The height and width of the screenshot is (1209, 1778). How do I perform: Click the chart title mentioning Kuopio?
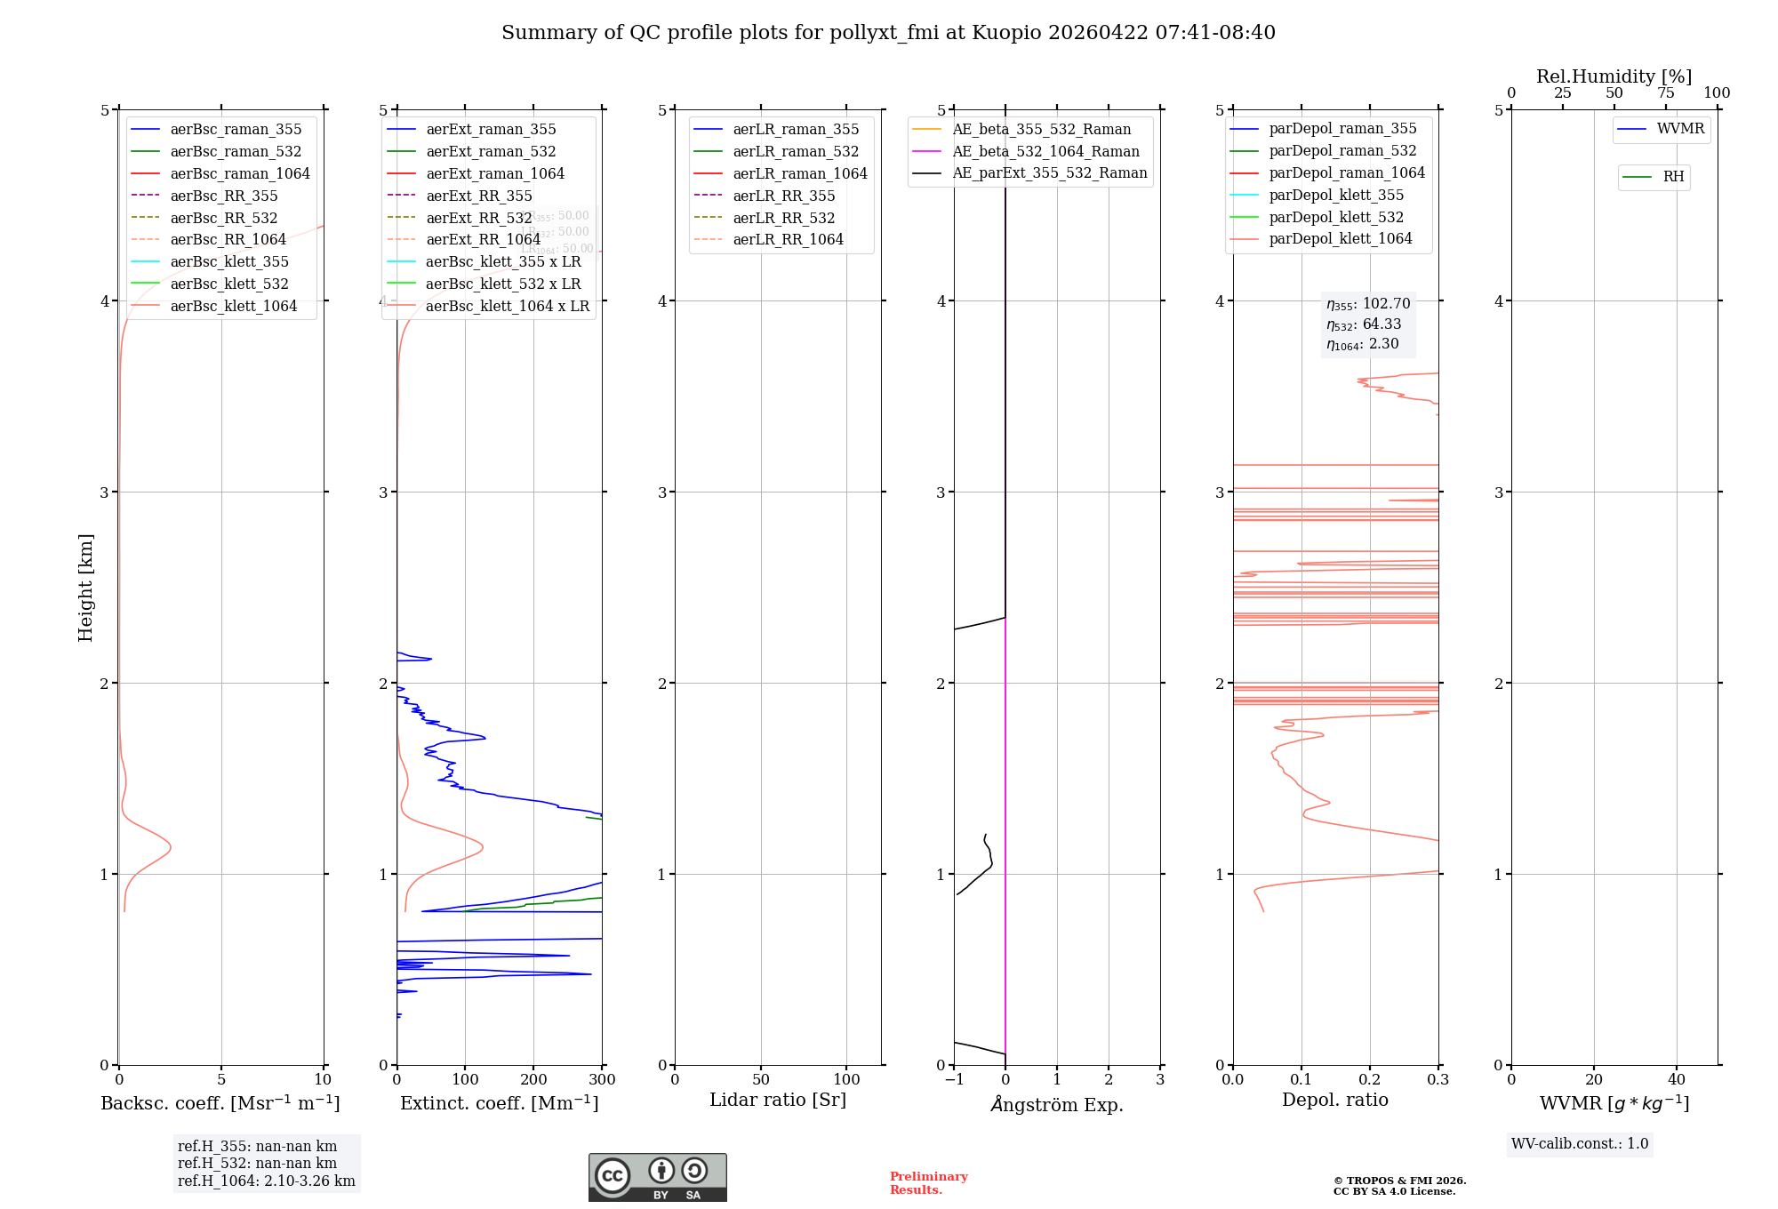coord(888,33)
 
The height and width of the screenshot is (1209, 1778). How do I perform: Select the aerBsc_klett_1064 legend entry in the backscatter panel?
coord(233,306)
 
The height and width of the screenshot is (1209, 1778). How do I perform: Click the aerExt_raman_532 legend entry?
coord(491,151)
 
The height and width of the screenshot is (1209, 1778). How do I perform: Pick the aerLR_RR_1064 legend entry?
coord(788,239)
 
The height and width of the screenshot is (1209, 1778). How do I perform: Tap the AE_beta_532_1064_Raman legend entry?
coord(1045,151)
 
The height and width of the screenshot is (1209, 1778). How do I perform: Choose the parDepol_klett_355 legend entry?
coord(1336,195)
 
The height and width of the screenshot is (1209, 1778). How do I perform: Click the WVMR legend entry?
coord(1680,129)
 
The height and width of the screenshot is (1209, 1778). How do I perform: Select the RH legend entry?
coord(1673,177)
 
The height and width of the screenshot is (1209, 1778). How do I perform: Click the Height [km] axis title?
coord(85,588)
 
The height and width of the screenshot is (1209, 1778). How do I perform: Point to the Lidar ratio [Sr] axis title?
coord(778,1100)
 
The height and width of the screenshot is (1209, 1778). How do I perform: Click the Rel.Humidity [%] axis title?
coord(1614,76)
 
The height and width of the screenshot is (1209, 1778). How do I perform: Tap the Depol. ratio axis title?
coord(1334,1100)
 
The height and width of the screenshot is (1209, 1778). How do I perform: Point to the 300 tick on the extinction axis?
coord(602,1080)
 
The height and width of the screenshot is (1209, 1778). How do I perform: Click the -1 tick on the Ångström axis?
coord(954,1080)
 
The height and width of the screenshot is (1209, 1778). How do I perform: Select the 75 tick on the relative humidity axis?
coord(1665,93)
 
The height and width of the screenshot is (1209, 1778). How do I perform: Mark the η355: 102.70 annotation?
coord(1368,304)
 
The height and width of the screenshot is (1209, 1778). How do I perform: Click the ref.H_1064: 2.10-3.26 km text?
coord(266,1181)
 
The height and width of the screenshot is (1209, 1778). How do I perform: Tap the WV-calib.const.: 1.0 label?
coord(1580,1144)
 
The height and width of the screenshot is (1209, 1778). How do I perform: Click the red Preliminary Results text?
coord(928,1183)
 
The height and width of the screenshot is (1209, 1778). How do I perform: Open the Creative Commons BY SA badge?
coord(657,1178)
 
